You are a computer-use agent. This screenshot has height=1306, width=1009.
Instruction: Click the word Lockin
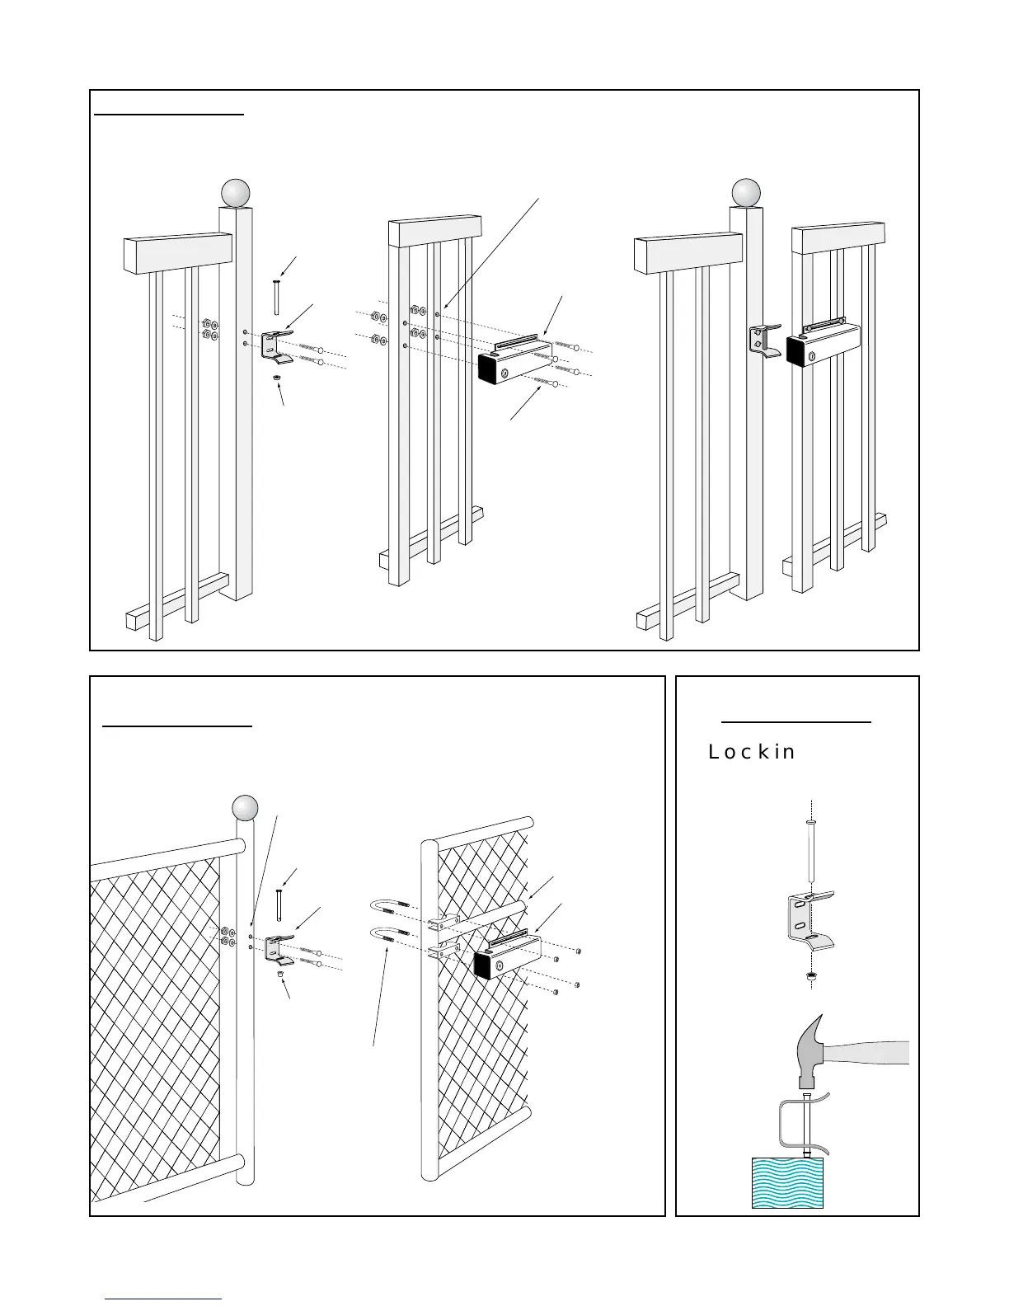pyautogui.click(x=752, y=752)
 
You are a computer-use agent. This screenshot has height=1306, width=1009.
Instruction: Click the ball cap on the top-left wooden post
pyautogui.click(x=235, y=193)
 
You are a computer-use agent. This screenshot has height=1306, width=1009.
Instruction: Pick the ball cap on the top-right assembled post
pyautogui.click(x=747, y=193)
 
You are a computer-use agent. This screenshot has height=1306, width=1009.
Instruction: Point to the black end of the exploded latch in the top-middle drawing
pyautogui.click(x=492, y=368)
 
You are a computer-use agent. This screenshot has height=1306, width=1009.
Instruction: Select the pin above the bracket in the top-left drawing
pyautogui.click(x=276, y=297)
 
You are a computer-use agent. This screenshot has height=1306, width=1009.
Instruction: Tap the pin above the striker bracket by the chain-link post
pyautogui.click(x=279, y=905)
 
